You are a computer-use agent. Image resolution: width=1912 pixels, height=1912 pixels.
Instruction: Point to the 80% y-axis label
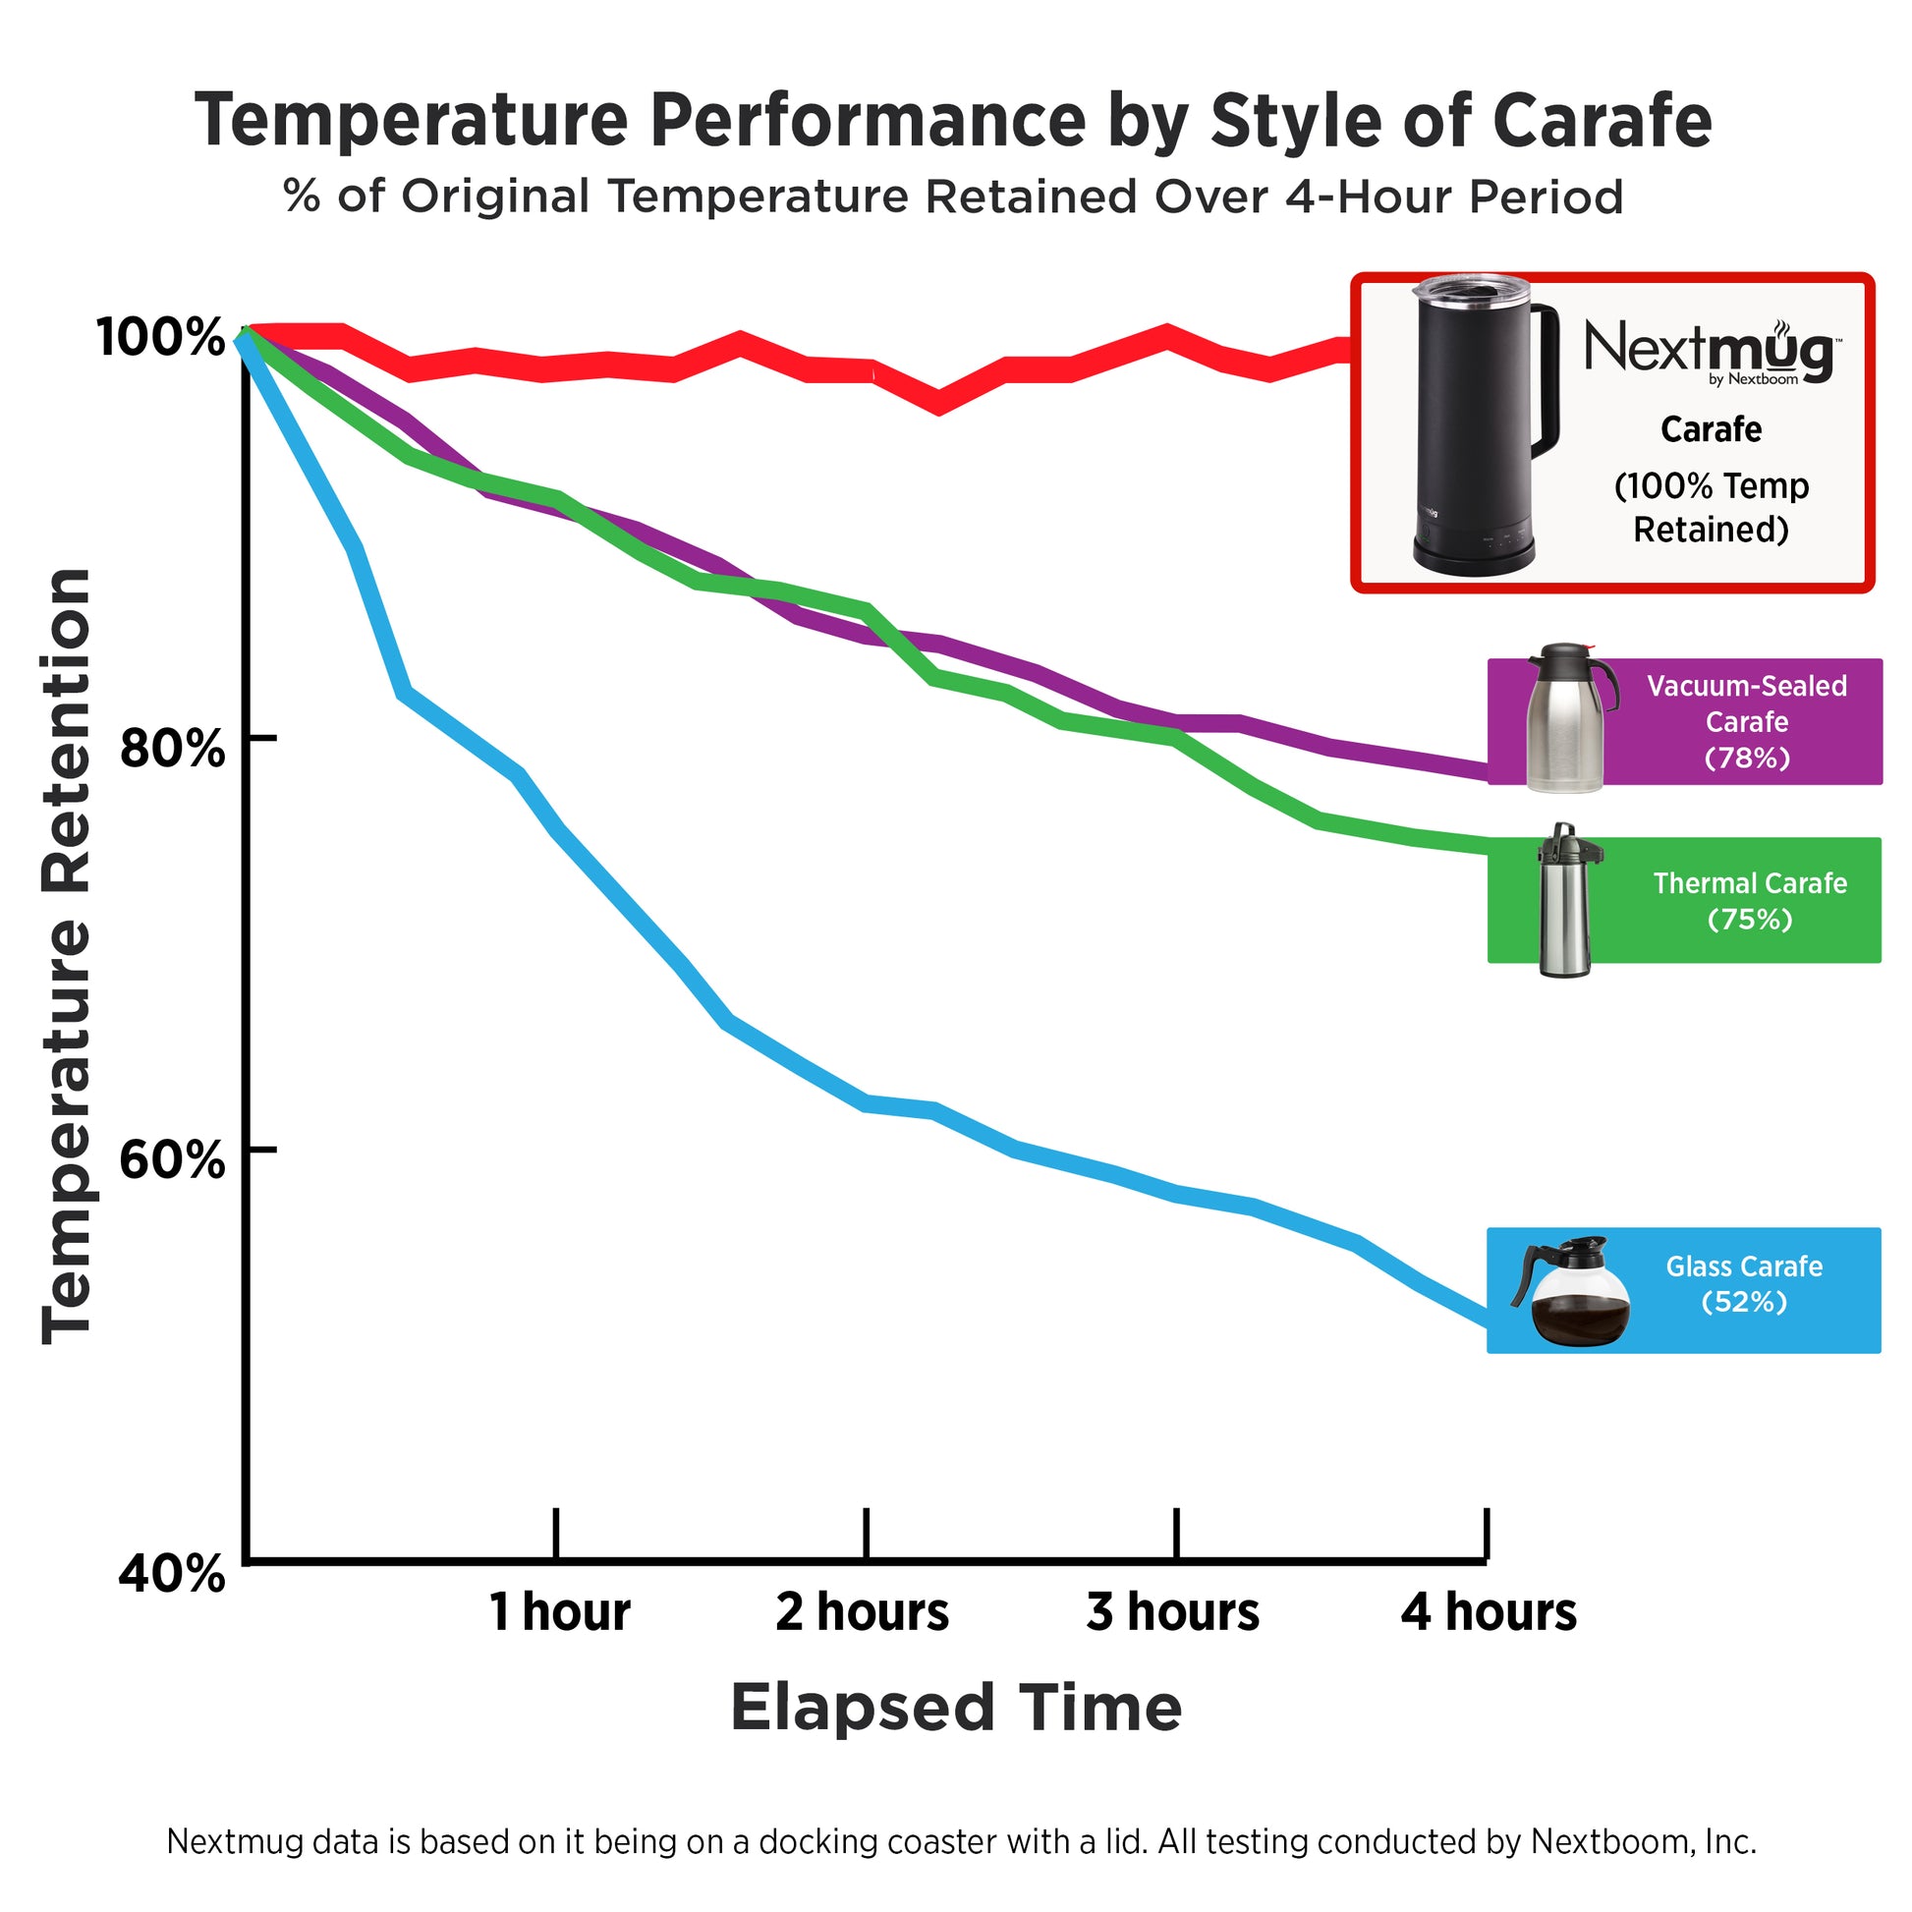[171, 748]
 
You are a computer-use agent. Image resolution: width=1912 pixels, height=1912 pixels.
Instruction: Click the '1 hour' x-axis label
[559, 1612]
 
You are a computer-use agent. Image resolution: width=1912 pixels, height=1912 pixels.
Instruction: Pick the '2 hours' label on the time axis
[862, 1612]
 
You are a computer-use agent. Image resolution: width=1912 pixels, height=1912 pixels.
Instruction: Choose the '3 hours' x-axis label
[1173, 1612]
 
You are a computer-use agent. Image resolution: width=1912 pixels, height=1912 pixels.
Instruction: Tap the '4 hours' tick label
[1489, 1612]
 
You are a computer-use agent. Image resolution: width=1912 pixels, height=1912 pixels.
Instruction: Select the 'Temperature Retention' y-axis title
[67, 956]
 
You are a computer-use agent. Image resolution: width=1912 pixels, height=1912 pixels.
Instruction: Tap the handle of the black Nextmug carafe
[1544, 381]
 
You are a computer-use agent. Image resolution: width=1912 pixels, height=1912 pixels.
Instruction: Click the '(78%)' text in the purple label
[1747, 759]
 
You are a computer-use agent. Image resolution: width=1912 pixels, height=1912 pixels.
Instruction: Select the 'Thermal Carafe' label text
[1750, 882]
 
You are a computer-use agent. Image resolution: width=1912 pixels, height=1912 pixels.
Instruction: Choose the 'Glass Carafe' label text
[1744, 1265]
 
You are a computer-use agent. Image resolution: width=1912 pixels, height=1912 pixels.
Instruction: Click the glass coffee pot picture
[1572, 1291]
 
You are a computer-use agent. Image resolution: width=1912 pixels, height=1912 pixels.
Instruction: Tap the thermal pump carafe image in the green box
[1565, 901]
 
